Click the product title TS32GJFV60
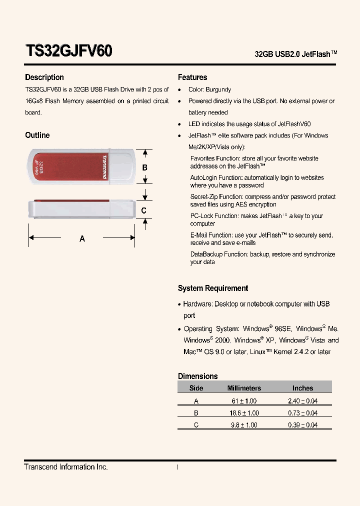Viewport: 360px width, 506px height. click(x=68, y=51)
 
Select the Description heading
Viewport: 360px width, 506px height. click(x=44, y=77)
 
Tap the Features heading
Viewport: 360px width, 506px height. click(x=192, y=77)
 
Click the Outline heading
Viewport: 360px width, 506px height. click(x=37, y=135)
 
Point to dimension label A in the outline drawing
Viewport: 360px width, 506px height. click(x=82, y=239)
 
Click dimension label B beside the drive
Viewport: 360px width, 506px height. click(x=145, y=168)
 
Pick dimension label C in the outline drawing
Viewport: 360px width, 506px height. click(x=144, y=210)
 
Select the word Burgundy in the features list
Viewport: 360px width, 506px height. click(x=218, y=89)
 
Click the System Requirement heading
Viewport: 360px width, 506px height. click(x=213, y=288)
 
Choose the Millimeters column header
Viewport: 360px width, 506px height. click(x=244, y=388)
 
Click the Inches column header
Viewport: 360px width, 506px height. click(x=302, y=388)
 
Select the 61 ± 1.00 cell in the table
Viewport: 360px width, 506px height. click(x=244, y=401)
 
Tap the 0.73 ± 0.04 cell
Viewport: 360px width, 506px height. click(x=302, y=413)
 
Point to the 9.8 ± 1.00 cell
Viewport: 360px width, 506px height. click(x=244, y=425)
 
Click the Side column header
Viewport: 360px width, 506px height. click(x=196, y=388)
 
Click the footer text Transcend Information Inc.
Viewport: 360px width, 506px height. click(x=66, y=467)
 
